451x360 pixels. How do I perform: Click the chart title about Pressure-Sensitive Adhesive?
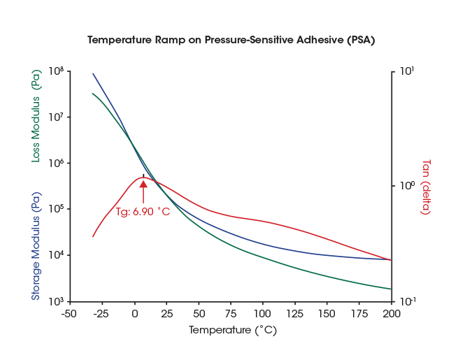click(231, 40)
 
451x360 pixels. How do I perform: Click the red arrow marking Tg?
click(143, 192)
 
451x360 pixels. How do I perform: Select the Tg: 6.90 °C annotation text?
click(143, 211)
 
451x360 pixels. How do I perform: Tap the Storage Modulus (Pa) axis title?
click(36, 246)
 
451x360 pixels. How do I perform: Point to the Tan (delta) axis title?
click(425, 187)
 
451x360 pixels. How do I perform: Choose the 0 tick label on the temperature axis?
click(135, 314)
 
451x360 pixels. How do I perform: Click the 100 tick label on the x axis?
click(263, 314)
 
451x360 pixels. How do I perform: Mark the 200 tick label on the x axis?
click(391, 314)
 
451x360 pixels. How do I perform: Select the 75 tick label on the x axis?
click(231, 314)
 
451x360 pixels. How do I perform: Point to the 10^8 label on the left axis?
click(56, 71)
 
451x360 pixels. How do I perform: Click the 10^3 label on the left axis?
click(56, 301)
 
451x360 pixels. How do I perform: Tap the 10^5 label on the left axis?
click(56, 209)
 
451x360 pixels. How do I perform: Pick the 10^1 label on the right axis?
click(406, 71)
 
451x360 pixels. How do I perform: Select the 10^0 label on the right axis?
click(406, 186)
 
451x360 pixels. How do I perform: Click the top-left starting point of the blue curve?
click(93, 73)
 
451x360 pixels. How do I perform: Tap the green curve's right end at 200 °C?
click(391, 289)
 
